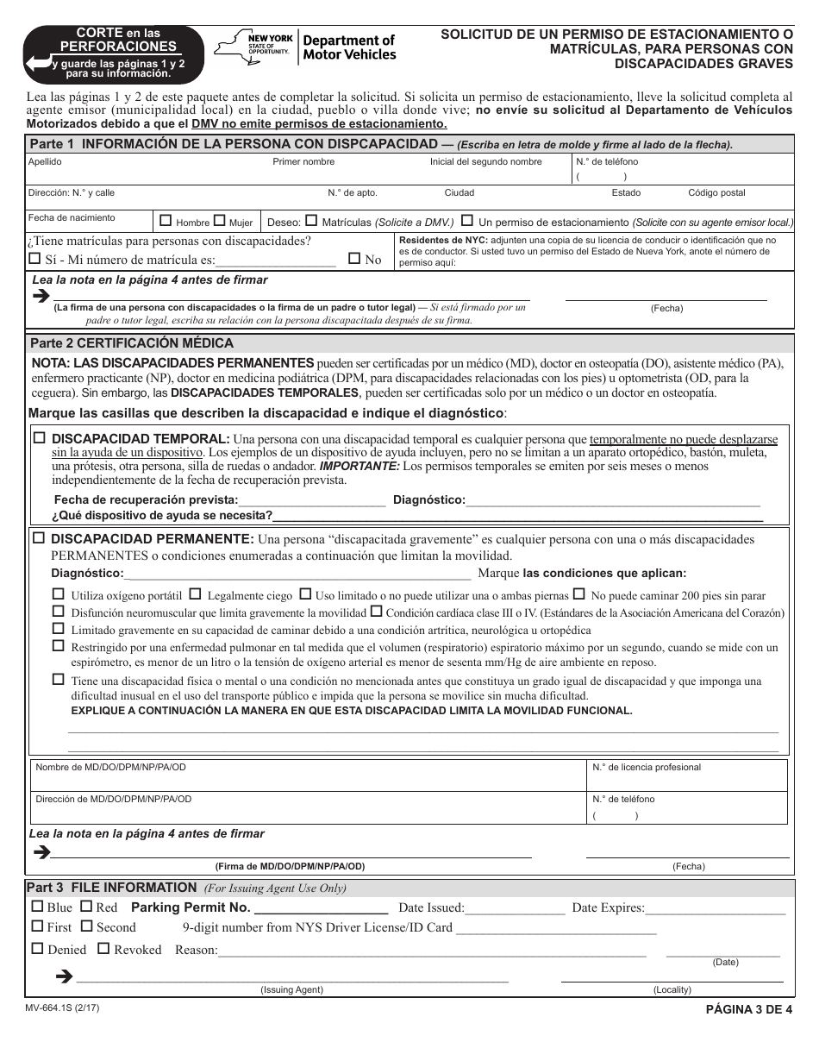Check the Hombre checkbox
[x=166, y=221]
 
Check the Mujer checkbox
[x=219, y=221]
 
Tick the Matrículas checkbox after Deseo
[x=311, y=221]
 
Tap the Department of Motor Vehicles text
[x=350, y=47]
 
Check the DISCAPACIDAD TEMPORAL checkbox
[x=39, y=438]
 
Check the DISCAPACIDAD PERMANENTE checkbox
[x=39, y=538]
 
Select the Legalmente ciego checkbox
[x=196, y=594]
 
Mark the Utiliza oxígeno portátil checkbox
[x=59, y=594]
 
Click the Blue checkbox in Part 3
[x=36, y=907]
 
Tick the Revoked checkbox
[x=103, y=949]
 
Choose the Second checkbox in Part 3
[x=86, y=926]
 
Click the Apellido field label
[x=45, y=161]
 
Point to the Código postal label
[x=716, y=193]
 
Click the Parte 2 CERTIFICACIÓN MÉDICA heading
[x=119, y=342]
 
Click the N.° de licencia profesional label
[x=647, y=767]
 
